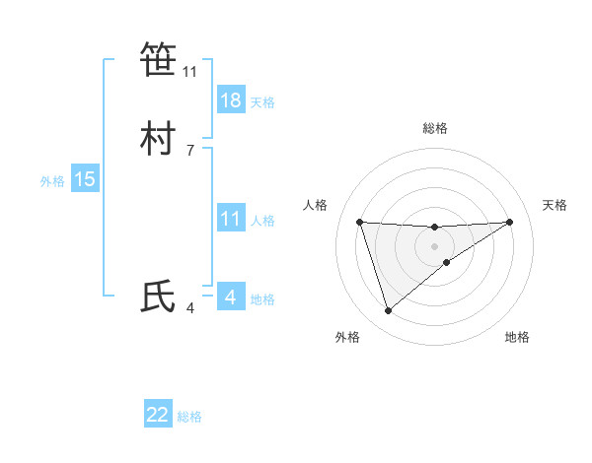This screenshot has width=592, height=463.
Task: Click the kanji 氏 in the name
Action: pos(158,297)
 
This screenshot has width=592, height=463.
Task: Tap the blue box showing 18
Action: pos(231,100)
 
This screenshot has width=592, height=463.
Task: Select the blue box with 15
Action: pos(85,180)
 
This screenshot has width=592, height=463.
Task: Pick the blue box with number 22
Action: pos(158,415)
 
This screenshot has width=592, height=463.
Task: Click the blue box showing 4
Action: pos(230,297)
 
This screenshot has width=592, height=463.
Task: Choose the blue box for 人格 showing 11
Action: pos(231,220)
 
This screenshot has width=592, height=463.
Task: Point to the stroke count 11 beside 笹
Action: pos(189,72)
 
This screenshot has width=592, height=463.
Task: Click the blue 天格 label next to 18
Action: pos(262,102)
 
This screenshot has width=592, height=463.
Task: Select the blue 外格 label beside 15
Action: pos(52,181)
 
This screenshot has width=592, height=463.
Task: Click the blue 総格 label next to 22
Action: pos(189,417)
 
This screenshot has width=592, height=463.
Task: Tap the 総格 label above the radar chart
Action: pos(435,128)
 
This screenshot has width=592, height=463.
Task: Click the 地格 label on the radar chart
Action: pos(517,337)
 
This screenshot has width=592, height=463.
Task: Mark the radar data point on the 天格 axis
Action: pos(509,222)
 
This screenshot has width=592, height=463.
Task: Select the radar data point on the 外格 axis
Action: pos(388,311)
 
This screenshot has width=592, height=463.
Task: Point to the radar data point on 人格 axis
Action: pos(359,222)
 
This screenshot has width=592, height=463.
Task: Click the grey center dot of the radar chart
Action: pos(435,245)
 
